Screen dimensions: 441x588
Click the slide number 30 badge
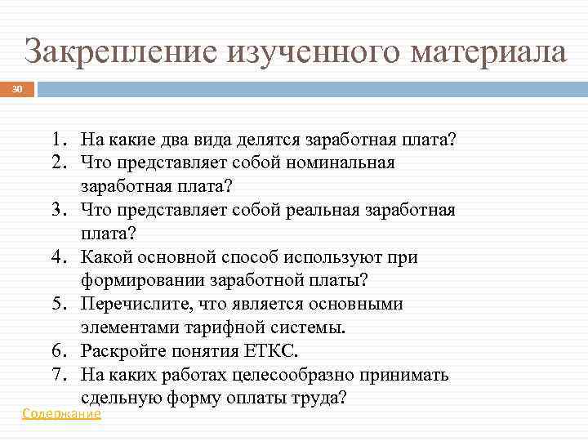[x=18, y=87]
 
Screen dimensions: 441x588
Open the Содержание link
[x=61, y=414]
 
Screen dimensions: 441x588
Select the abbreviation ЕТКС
[x=269, y=352]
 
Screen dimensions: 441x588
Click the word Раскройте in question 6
[x=121, y=352]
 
